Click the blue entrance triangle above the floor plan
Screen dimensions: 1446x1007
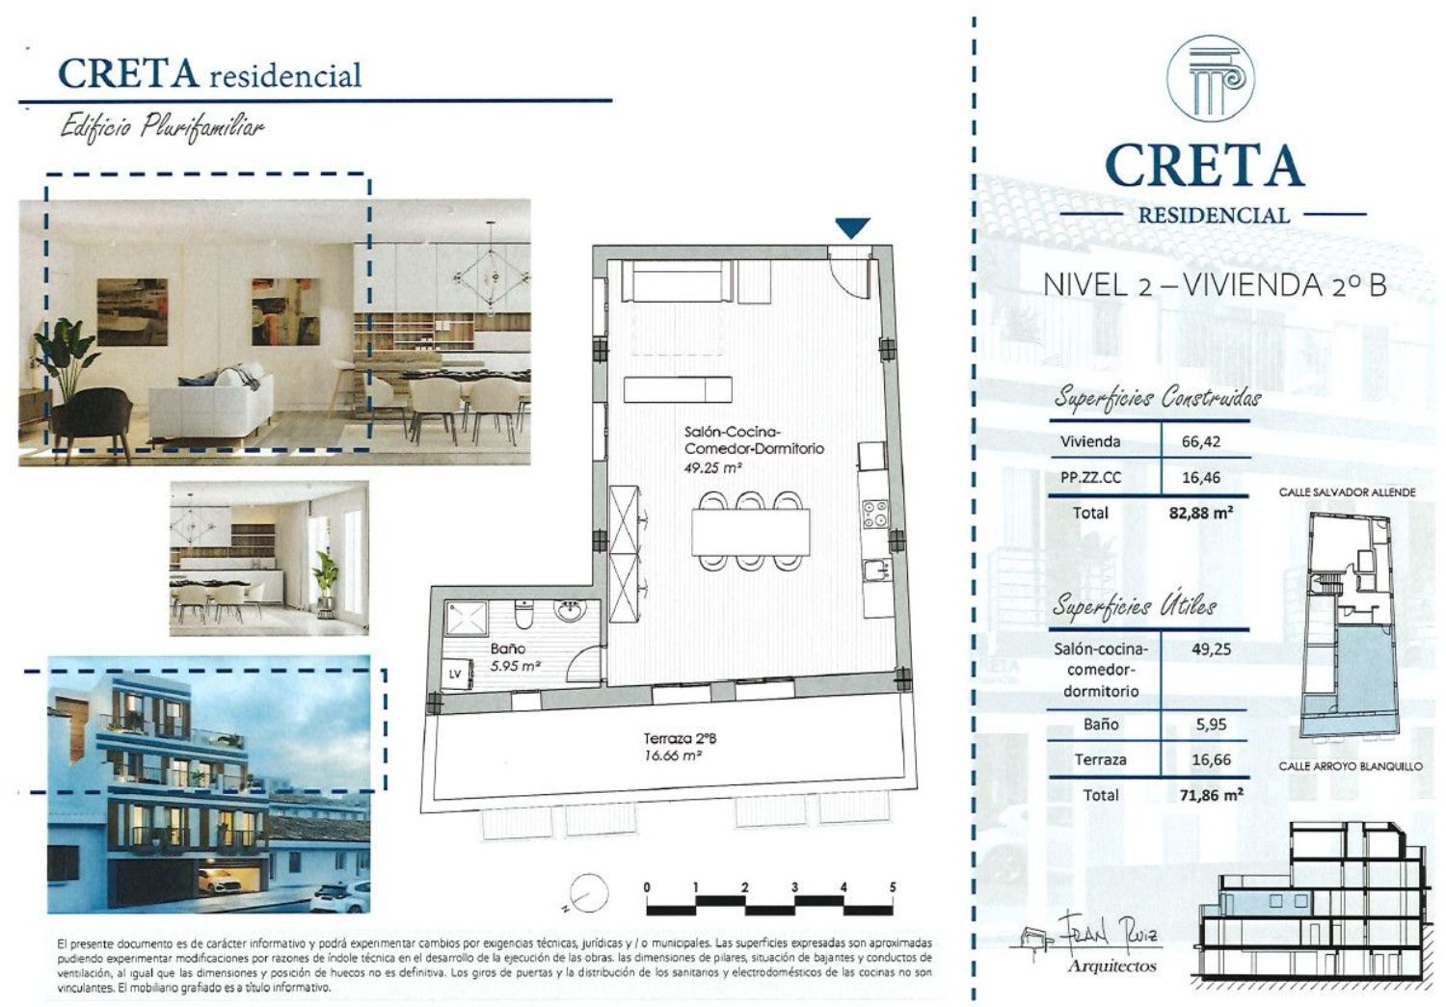(x=852, y=227)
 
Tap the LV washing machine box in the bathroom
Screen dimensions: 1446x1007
(x=455, y=675)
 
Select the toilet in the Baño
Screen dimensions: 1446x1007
(x=522, y=614)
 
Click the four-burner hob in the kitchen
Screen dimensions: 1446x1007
(x=875, y=515)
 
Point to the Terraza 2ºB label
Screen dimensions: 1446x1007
(x=680, y=738)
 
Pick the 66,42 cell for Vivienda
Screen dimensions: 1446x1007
(x=1201, y=442)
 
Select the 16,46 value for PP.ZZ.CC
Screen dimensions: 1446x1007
(x=1201, y=477)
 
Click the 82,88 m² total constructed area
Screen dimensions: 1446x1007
(x=1201, y=513)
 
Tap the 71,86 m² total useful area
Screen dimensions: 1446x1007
(x=1211, y=795)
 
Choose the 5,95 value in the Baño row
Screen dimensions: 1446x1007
(x=1211, y=724)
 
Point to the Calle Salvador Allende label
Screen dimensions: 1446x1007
(x=1348, y=492)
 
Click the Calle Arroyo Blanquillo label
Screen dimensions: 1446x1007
(x=1351, y=766)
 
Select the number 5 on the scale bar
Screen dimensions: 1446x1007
(x=893, y=887)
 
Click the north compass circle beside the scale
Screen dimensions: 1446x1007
(x=587, y=893)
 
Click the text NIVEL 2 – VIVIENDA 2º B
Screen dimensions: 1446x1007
(x=1215, y=285)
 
